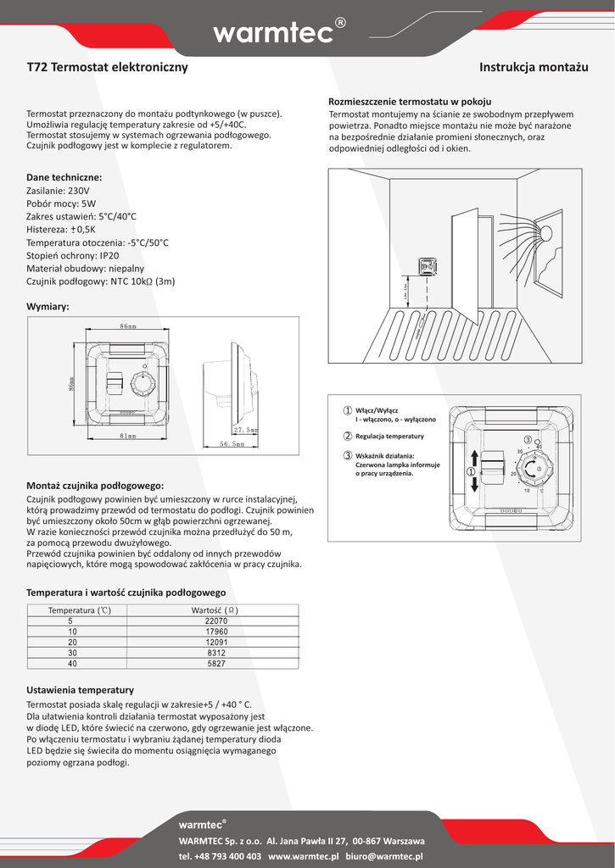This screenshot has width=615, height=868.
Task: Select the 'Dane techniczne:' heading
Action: (x=64, y=177)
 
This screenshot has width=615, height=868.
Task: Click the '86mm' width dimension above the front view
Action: (x=128, y=326)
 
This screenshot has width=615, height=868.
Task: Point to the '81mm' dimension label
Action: (x=127, y=436)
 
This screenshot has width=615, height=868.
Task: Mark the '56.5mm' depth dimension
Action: (x=232, y=443)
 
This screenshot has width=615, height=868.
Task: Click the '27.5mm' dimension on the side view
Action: (x=245, y=430)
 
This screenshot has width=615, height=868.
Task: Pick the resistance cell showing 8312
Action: (x=216, y=654)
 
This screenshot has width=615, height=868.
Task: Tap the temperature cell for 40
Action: (x=71, y=665)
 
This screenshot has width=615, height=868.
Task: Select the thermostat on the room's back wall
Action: (x=428, y=266)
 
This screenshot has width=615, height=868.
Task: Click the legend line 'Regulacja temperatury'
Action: (x=389, y=436)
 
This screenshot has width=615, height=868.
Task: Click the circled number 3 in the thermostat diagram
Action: (x=527, y=439)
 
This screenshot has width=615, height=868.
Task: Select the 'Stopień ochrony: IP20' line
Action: (x=73, y=255)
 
